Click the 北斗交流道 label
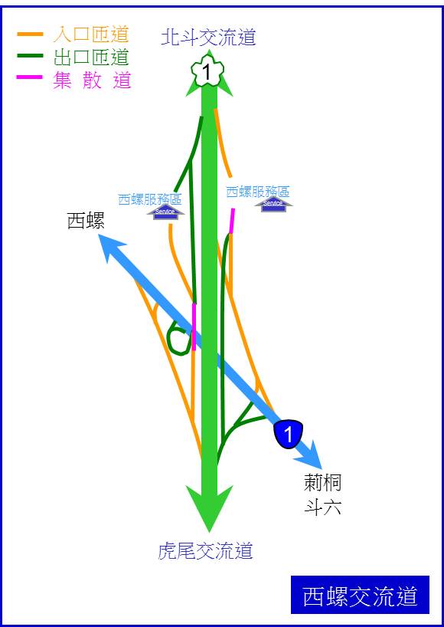[x=208, y=38]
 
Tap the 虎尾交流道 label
[x=206, y=551]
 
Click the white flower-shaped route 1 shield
[x=207, y=72]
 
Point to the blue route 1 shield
[x=289, y=434]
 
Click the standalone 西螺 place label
[x=86, y=221]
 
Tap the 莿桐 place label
[x=322, y=483]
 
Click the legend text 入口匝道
[x=91, y=34]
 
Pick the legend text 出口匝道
[x=91, y=57]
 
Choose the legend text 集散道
[x=92, y=80]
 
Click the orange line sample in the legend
[x=30, y=34]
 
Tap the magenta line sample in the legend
[x=30, y=77]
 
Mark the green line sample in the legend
[x=30, y=56]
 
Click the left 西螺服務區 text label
[x=150, y=199]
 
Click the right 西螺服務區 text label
[x=258, y=192]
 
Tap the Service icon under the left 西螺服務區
[x=165, y=212]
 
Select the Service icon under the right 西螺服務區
[x=274, y=205]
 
